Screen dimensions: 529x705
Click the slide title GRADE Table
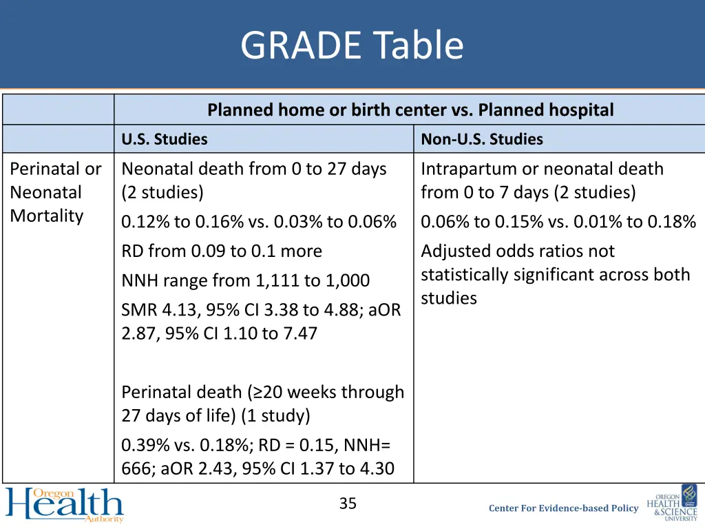352,45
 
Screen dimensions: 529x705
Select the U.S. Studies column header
165,139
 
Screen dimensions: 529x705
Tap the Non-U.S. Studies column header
481,139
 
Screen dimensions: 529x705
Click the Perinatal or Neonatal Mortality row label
56,192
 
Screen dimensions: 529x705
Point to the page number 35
348,504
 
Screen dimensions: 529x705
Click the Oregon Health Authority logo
65,505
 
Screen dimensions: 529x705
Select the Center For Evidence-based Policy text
563,508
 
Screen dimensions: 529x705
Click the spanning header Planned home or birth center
410,110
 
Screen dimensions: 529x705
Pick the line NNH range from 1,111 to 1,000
245,280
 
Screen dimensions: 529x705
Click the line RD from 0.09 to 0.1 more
222,251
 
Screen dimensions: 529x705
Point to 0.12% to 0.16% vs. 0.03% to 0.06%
259,222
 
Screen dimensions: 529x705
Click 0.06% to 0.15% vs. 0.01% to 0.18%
558,222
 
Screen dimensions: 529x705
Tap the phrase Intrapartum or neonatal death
542,169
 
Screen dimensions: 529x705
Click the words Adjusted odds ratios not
517,251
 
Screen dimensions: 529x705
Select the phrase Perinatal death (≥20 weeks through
262,392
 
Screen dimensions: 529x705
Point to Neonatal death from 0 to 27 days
253,169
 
